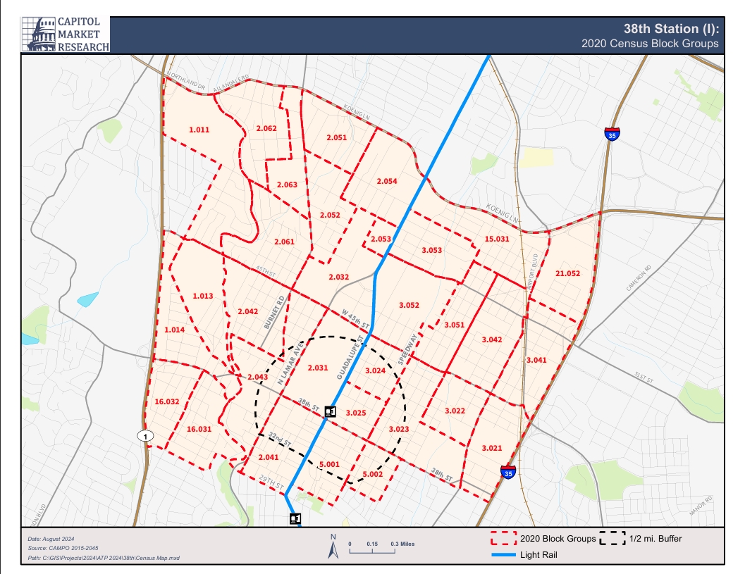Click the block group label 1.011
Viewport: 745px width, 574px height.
[199, 130]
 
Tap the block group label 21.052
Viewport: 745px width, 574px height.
[567, 273]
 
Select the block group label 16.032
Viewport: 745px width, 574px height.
[166, 401]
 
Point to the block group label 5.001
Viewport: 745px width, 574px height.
[329, 464]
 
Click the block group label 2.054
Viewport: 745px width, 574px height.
[386, 181]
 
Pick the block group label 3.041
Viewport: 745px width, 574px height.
[536, 360]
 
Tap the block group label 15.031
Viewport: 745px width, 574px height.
[497, 239]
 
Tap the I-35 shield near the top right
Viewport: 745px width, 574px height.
[612, 134]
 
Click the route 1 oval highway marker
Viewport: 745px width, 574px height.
[144, 436]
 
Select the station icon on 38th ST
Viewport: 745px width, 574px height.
[330, 411]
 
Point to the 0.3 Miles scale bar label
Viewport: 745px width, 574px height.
[402, 544]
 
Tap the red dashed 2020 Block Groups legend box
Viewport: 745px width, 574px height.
[504, 539]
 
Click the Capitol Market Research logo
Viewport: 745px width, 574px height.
[66, 34]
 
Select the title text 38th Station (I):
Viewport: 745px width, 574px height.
[670, 29]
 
